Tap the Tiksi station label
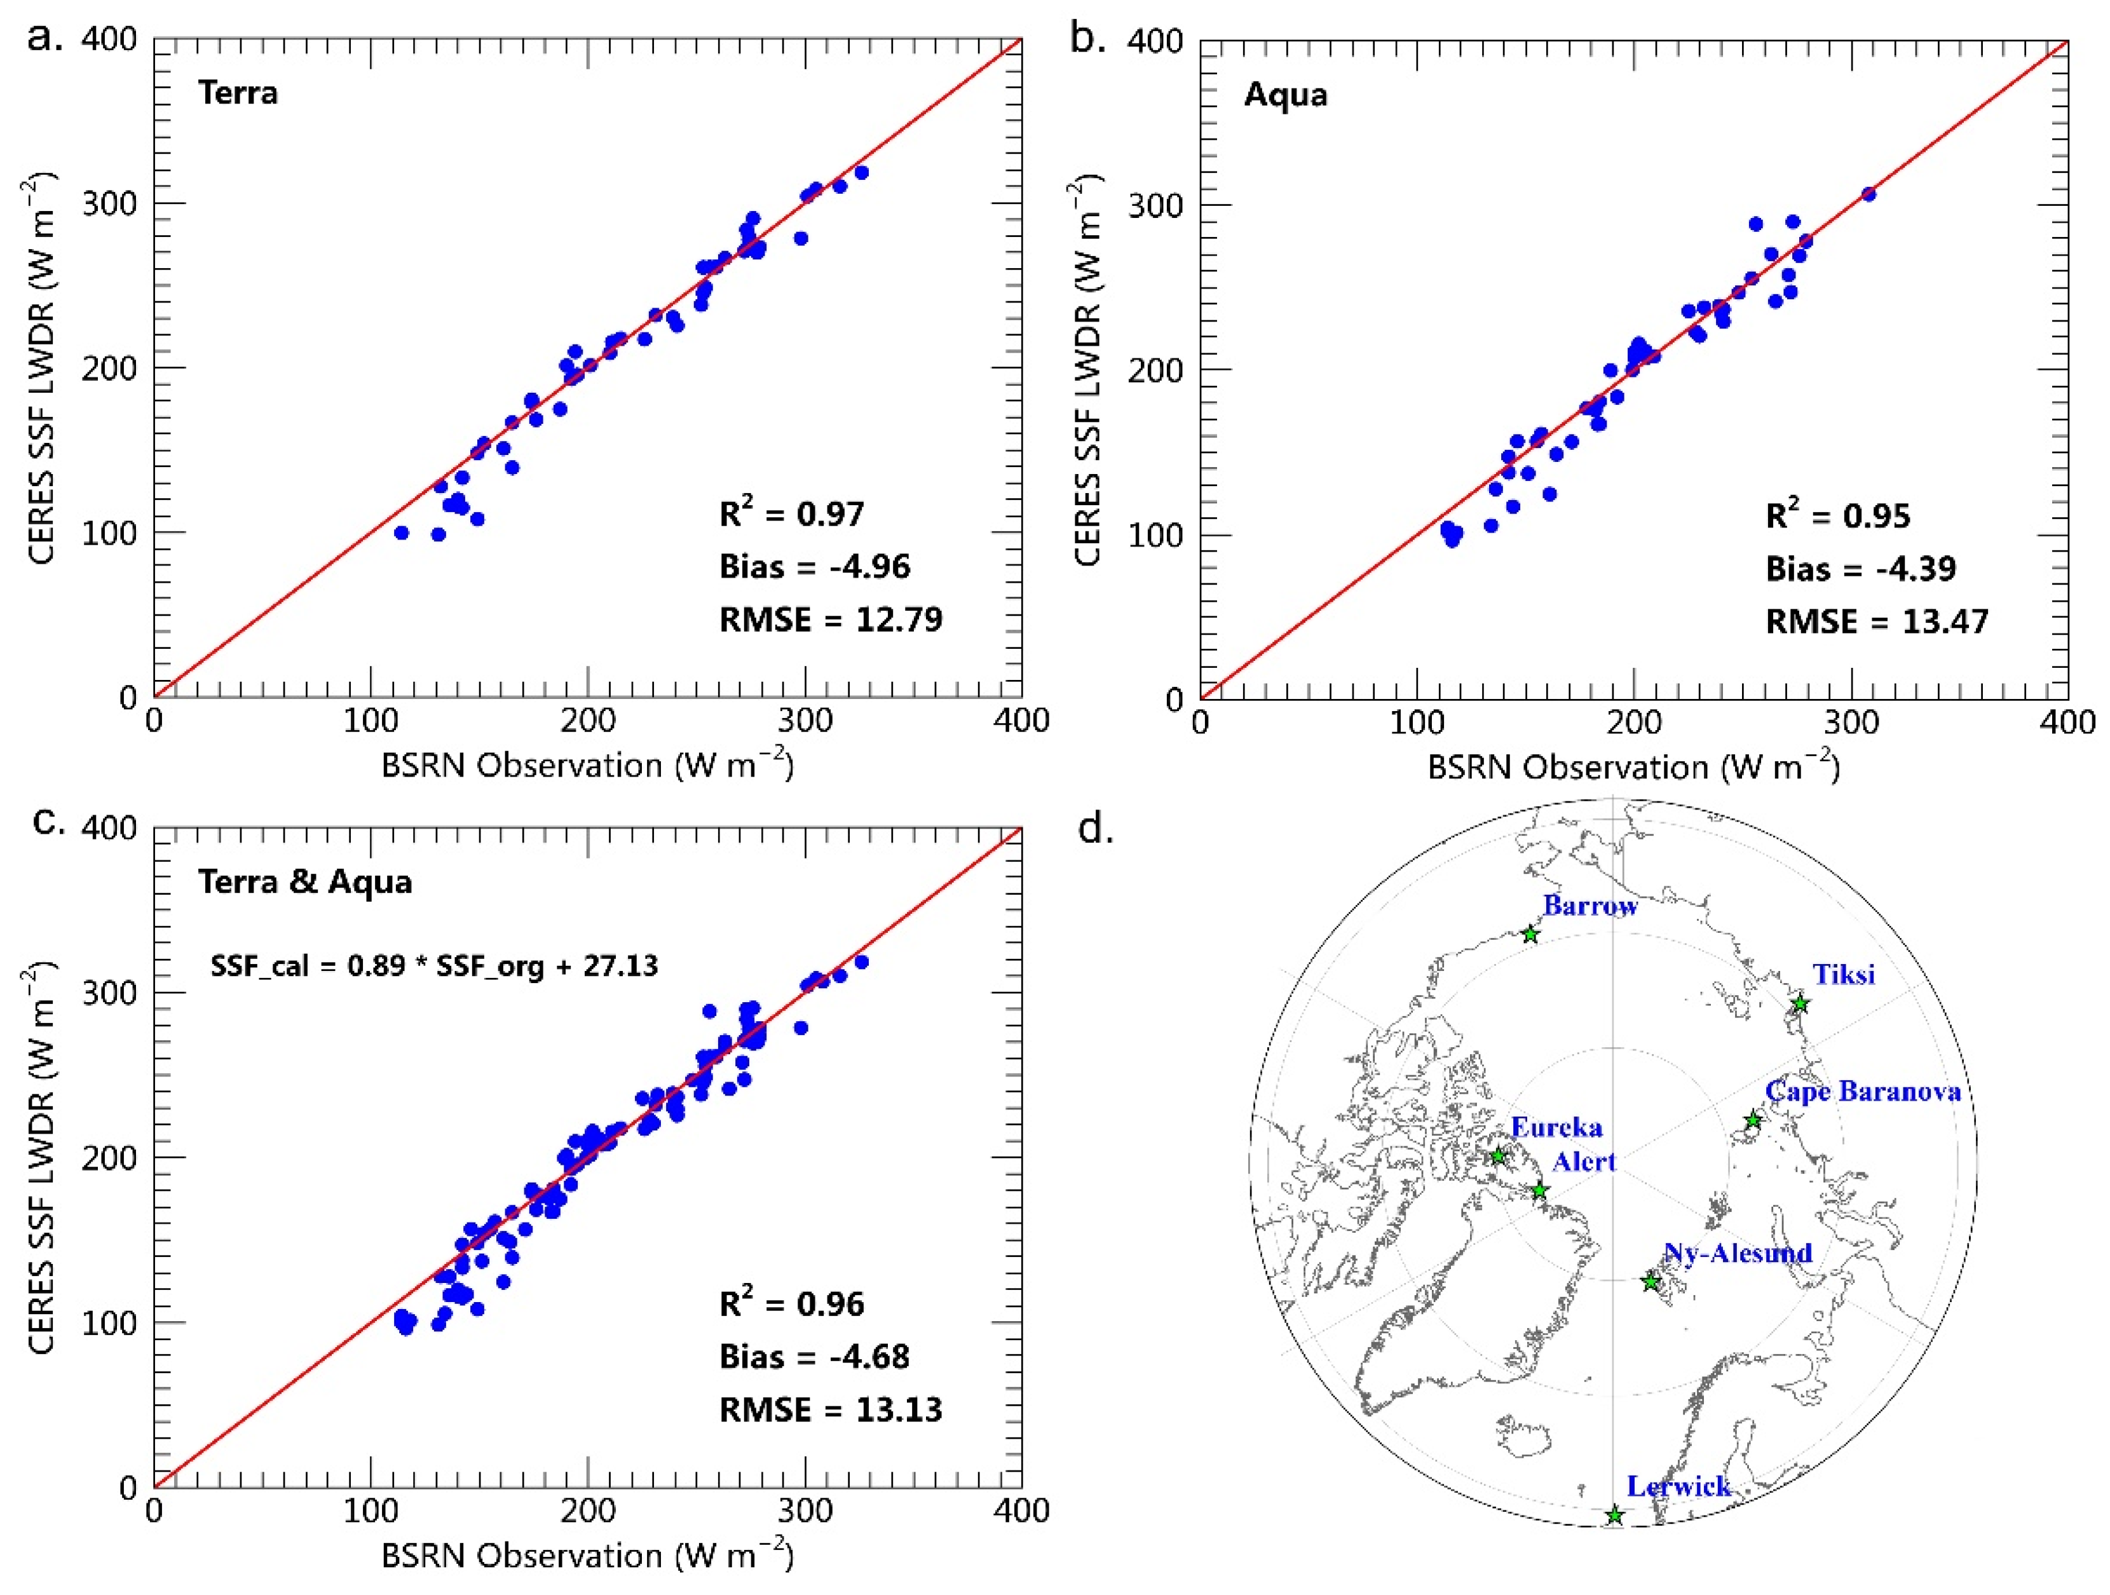pyautogui.click(x=1844, y=974)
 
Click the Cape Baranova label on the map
pyautogui.click(x=1863, y=1091)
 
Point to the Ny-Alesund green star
pyautogui.click(x=1651, y=1282)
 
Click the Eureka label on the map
pyautogui.click(x=1556, y=1127)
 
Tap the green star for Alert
pyautogui.click(x=1539, y=1190)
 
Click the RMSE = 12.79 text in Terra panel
pyautogui.click(x=830, y=620)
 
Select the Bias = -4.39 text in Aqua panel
pyautogui.click(x=1860, y=569)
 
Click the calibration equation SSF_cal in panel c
pyautogui.click(x=434, y=967)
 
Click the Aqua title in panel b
pyautogui.click(x=1285, y=95)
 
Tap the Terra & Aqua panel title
pyautogui.click(x=305, y=881)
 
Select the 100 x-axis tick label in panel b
pyautogui.click(x=1417, y=722)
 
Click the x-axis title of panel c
pyautogui.click(x=587, y=1556)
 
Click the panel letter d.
pyautogui.click(x=1095, y=829)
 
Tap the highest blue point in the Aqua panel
pyautogui.click(x=1868, y=194)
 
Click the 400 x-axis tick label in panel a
pyautogui.click(x=1021, y=720)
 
